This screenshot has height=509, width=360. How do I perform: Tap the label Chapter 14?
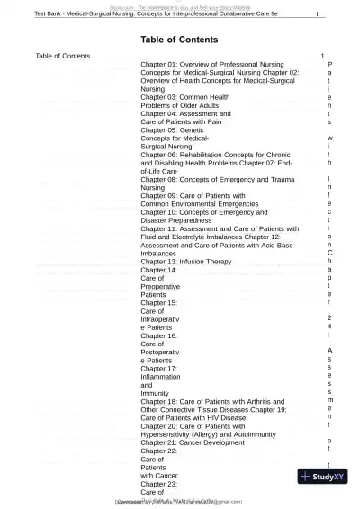159,270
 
